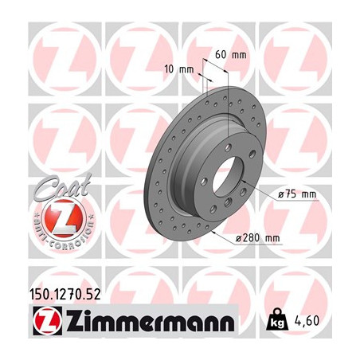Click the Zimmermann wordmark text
(x=147, y=323)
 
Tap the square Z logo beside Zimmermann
(x=42, y=323)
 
